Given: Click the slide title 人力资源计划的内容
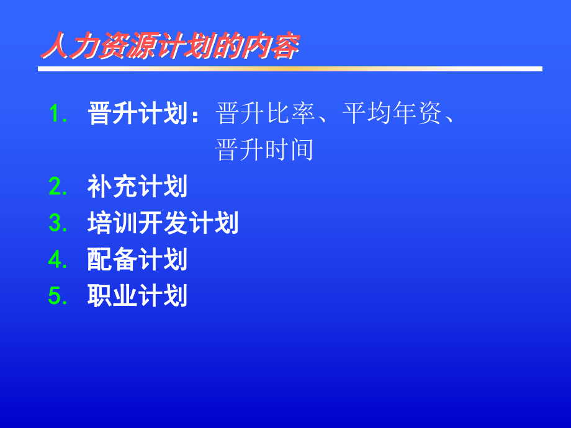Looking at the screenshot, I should pyautogui.click(x=169, y=47).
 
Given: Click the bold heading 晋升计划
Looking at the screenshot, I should pyautogui.click(x=138, y=114).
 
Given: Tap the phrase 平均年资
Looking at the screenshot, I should pyautogui.click(x=391, y=114).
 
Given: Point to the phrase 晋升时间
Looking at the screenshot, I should pyautogui.click(x=264, y=150).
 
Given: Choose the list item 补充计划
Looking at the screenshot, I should pyautogui.click(x=138, y=187).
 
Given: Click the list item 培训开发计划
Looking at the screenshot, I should pyautogui.click(x=163, y=223).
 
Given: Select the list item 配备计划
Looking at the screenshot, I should pyautogui.click(x=138, y=260).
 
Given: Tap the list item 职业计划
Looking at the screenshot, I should pyautogui.click(x=138, y=296).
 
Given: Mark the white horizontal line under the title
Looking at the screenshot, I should pyautogui.click(x=290, y=69).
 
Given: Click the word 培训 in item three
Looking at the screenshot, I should pyautogui.click(x=113, y=223).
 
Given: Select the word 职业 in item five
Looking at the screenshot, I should pyautogui.click(x=113, y=296).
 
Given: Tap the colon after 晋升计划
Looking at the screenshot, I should pyautogui.click(x=196, y=115).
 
